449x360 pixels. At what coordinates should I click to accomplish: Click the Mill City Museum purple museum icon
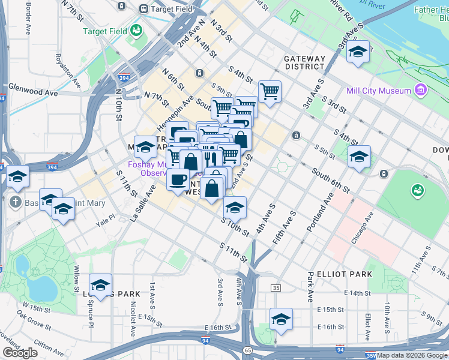421,91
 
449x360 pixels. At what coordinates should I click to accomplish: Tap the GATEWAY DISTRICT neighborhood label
304,63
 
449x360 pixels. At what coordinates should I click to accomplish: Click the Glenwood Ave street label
33,93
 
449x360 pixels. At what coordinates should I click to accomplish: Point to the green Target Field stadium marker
136,29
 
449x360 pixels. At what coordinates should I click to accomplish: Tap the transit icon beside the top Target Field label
143,9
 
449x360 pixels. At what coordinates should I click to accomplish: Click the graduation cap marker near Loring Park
101,285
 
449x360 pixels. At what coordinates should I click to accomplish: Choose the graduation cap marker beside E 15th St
280,319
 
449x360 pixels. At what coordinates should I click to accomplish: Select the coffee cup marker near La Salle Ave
178,180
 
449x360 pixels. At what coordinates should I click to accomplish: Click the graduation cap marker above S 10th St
235,207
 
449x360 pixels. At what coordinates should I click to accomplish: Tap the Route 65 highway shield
247,349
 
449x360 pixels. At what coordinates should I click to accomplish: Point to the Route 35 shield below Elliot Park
276,288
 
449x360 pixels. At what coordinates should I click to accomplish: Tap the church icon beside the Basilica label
15,203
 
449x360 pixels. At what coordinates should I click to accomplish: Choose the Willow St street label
76,278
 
